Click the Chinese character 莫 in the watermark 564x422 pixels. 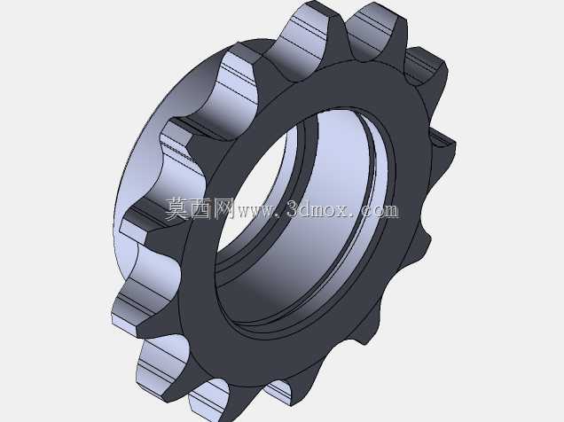177,209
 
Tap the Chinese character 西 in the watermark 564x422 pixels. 201,209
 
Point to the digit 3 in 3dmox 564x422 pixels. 294,209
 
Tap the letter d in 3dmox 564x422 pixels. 307,209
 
